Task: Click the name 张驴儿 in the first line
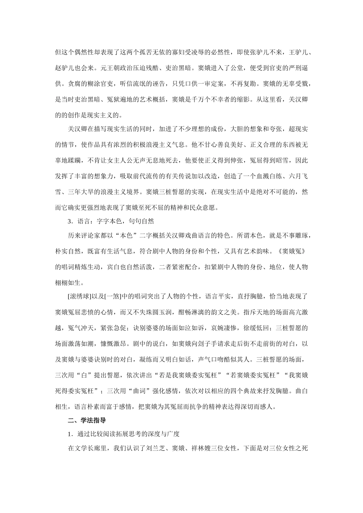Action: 262,52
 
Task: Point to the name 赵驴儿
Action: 65,68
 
